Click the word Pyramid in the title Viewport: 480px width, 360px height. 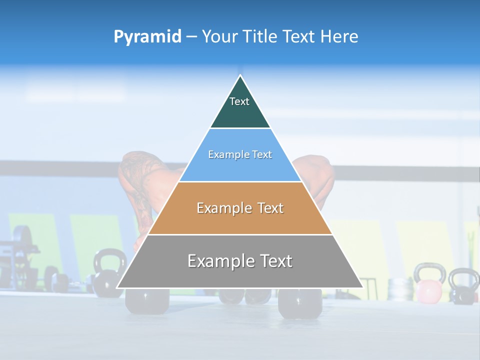coord(147,37)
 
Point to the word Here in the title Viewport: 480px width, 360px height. coord(339,37)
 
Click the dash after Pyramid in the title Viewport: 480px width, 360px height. coord(191,37)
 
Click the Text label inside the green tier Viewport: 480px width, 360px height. coord(239,101)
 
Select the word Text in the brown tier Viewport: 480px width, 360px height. coord(270,208)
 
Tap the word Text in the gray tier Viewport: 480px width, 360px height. coord(275,261)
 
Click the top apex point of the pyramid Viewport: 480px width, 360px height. coord(240,76)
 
